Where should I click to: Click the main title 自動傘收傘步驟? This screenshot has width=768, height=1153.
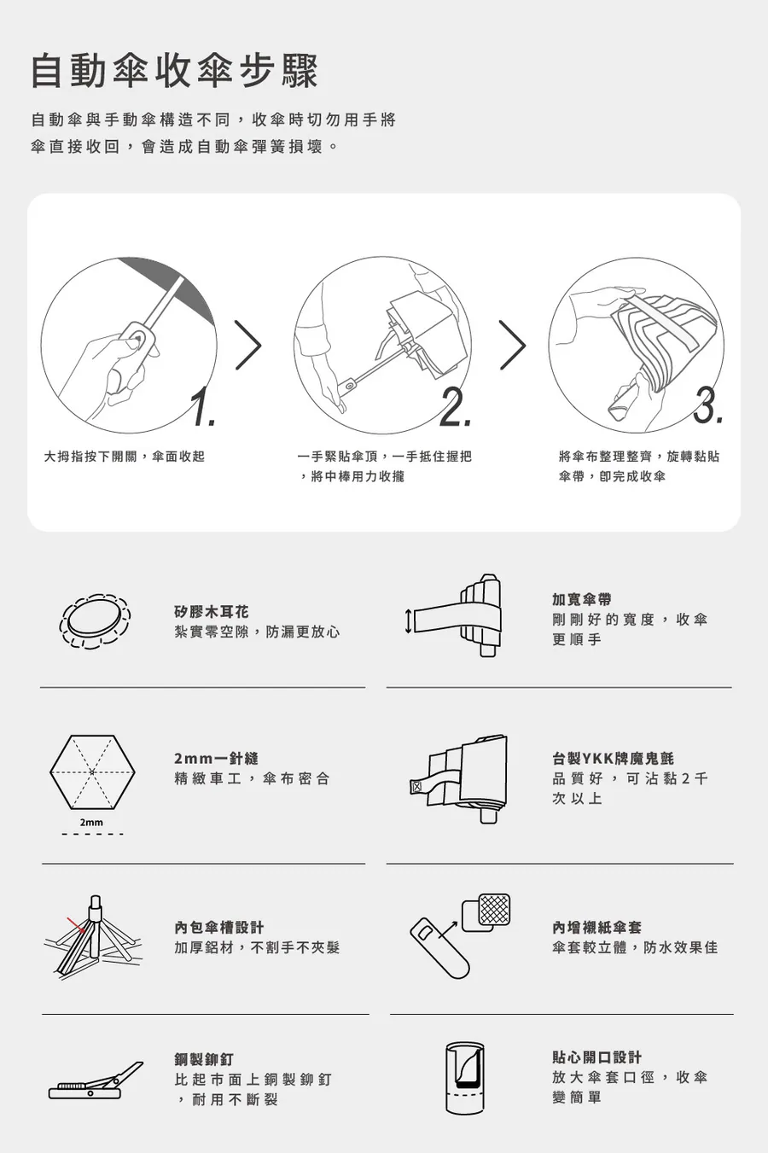(175, 71)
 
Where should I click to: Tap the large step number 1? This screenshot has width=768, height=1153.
(204, 407)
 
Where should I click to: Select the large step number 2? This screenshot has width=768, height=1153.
(455, 407)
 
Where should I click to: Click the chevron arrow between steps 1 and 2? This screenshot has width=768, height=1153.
(248, 345)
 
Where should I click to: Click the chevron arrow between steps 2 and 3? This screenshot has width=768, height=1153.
(513, 345)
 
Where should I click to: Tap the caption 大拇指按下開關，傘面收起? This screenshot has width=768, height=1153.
(125, 456)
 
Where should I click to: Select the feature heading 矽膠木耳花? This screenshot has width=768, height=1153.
(212, 612)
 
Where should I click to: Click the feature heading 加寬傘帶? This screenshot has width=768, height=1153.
(582, 599)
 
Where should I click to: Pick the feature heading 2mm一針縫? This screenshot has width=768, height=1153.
(216, 758)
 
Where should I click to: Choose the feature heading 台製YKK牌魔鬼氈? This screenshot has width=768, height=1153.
(613, 758)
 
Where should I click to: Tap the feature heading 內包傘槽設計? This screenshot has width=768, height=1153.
(219, 928)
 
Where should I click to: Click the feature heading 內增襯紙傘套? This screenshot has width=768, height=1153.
(597, 928)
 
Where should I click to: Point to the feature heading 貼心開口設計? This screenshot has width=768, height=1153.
(597, 1057)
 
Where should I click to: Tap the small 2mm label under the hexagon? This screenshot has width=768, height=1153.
(91, 823)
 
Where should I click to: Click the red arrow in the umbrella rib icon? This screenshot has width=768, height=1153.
(77, 924)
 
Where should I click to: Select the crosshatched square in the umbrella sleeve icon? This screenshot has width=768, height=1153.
(494, 910)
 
